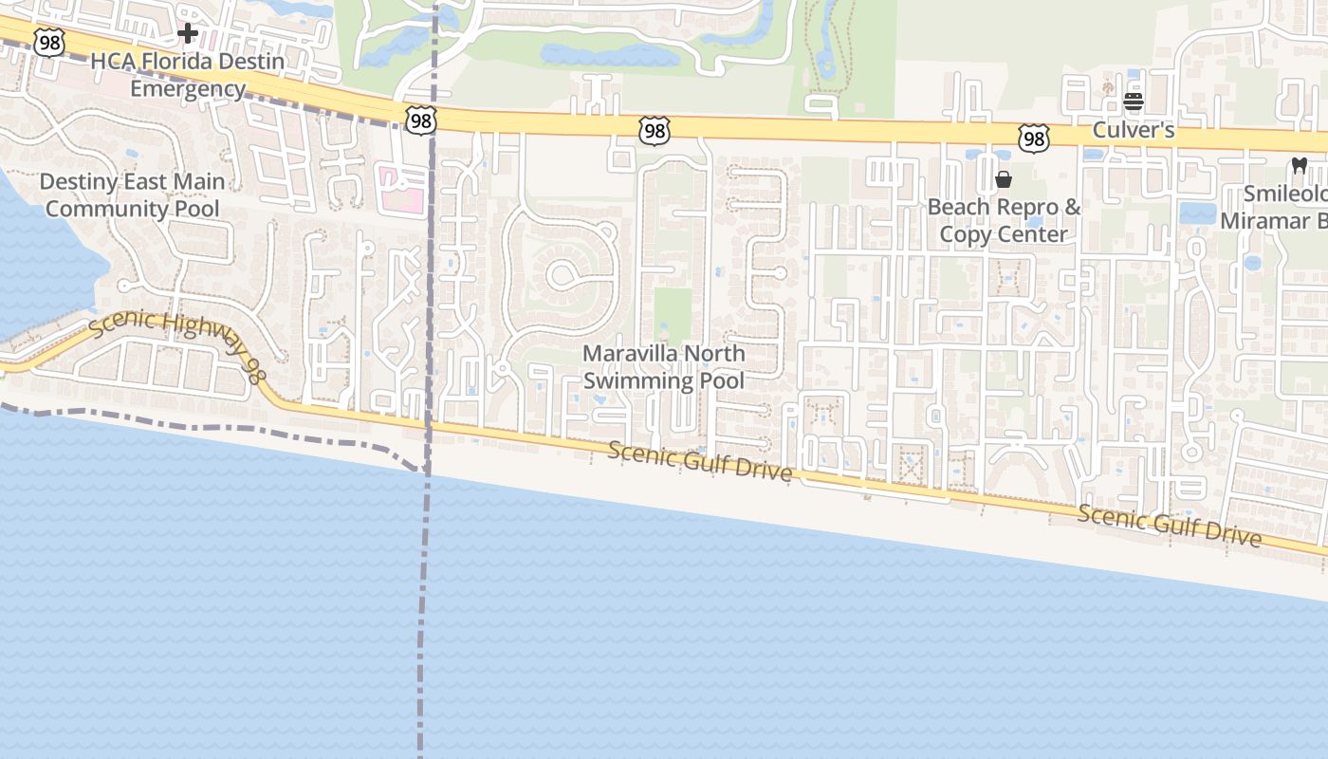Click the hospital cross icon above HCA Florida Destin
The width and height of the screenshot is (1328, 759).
[188, 34]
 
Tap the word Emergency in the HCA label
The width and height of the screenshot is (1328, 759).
[188, 89]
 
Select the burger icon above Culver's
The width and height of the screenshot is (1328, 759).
[1134, 102]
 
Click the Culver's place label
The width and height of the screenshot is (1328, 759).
[1134, 130]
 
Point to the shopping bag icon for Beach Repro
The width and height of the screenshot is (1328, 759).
[1004, 179]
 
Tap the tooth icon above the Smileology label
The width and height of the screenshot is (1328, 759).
[1300, 165]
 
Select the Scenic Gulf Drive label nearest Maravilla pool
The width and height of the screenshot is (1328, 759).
[699, 461]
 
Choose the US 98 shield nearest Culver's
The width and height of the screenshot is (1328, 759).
[1033, 139]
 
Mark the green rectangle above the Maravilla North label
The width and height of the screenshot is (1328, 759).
[673, 313]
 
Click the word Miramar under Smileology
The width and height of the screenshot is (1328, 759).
[1261, 221]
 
